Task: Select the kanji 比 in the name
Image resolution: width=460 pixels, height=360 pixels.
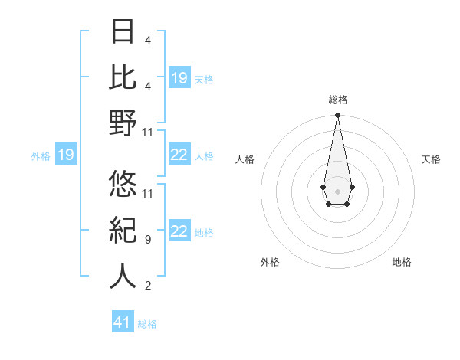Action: pos(123,78)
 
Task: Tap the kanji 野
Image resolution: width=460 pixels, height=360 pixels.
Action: pos(123,123)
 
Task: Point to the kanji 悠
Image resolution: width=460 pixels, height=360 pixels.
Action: pos(123,184)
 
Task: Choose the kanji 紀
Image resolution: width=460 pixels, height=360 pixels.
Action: pos(123,230)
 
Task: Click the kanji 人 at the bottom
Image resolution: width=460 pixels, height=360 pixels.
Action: pos(123,276)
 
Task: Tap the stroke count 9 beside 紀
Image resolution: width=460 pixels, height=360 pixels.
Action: pos(147,240)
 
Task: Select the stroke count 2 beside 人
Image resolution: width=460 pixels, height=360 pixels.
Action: pos(147,286)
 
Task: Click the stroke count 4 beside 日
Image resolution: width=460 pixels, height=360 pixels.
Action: pos(147,41)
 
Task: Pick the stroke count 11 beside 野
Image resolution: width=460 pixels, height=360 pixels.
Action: pos(148,133)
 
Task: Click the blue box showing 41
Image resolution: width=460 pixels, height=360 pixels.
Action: pos(123,322)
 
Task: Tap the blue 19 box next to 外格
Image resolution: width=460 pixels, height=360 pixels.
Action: pos(66,155)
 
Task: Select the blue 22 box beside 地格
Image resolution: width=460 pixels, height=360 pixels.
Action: pos(179,232)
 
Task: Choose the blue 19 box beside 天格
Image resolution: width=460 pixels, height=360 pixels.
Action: pos(179,78)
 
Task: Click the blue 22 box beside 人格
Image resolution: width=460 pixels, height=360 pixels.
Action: pos(179,155)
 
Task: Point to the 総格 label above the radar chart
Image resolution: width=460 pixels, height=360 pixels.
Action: pos(337,100)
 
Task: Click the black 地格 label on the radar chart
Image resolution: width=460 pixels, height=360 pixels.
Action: pos(402,262)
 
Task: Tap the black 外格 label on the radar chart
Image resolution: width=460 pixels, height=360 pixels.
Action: pos(270,262)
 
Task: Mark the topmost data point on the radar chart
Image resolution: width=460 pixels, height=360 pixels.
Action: pos(337,116)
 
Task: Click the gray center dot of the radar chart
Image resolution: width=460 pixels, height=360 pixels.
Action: pos(337,190)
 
